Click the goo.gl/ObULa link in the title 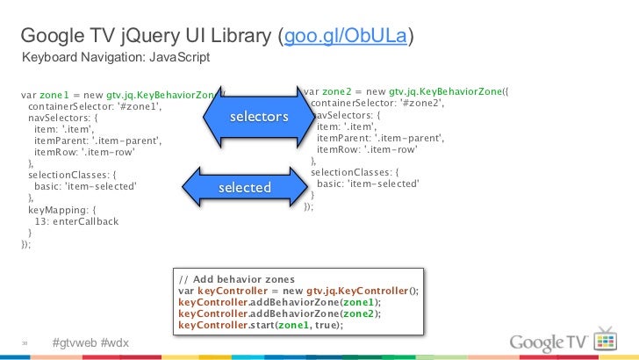coord(345,37)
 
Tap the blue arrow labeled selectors coord(258,117)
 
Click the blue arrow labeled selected coord(244,188)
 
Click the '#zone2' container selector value coord(420,103)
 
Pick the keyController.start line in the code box coord(260,325)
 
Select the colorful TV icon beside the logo coord(606,339)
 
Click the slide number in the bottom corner coord(26,342)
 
